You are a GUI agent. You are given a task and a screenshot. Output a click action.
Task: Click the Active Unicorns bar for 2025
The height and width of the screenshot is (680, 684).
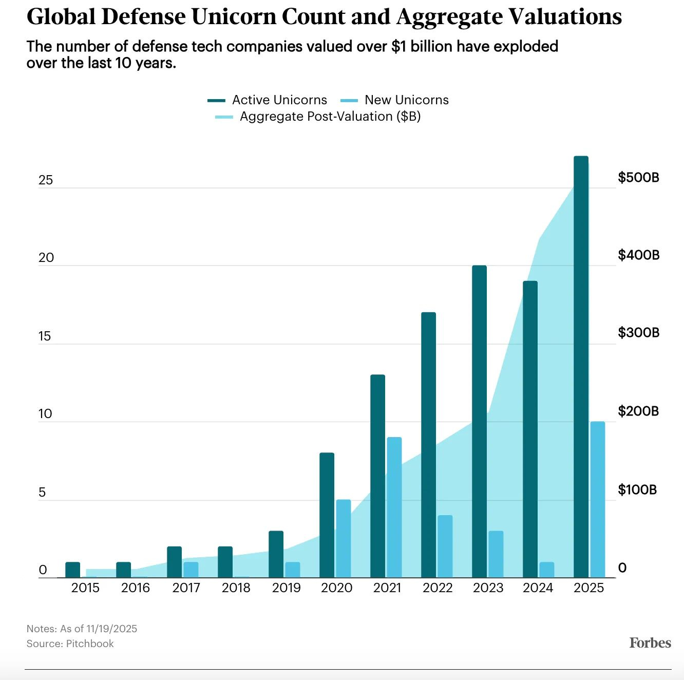(581, 367)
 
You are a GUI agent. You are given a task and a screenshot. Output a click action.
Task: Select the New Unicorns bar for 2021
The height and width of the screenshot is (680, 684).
(394, 507)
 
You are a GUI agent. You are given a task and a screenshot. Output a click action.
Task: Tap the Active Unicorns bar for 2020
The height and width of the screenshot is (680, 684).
(327, 515)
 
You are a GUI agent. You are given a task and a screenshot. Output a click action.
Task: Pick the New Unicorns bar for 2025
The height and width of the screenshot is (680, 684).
(597, 499)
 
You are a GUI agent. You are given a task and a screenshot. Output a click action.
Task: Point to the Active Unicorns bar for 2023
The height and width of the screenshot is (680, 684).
(479, 421)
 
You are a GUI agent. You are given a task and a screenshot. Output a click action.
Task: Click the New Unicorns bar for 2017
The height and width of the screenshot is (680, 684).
(191, 570)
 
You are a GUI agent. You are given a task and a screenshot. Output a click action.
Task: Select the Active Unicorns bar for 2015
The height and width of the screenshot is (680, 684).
(73, 570)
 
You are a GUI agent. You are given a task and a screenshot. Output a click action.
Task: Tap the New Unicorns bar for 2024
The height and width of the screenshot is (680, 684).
(547, 570)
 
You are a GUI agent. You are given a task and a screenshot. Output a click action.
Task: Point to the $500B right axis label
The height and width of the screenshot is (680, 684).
(638, 178)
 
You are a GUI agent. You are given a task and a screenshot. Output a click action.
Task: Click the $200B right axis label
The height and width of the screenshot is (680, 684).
(638, 411)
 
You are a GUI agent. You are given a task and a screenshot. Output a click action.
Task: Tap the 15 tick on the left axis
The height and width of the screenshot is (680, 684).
(45, 336)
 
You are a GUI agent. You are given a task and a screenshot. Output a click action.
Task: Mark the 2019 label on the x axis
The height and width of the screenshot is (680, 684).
(286, 588)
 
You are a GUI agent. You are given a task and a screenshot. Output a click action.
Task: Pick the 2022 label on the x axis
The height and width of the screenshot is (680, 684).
(438, 588)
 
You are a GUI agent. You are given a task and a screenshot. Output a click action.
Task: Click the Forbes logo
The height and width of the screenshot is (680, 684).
(650, 643)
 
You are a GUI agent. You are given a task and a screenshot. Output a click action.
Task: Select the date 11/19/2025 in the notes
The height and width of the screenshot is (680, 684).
(111, 629)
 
